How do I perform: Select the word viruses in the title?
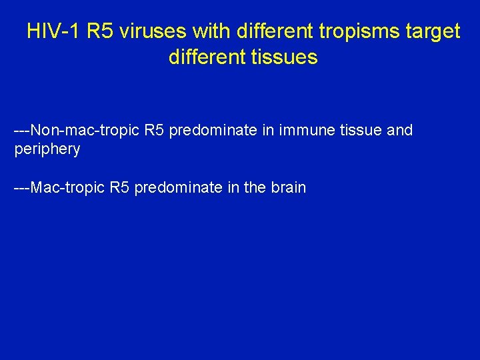(151, 31)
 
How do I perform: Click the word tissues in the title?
(285, 58)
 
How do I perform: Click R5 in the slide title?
(100, 31)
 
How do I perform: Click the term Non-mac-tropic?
(85, 130)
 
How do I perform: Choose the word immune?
(304, 130)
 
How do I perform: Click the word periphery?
(47, 149)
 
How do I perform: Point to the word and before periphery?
(400, 130)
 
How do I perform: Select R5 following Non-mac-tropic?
(154, 130)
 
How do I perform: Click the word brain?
(288, 188)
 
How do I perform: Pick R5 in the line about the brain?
(119, 188)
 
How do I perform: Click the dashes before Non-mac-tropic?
(22, 130)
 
